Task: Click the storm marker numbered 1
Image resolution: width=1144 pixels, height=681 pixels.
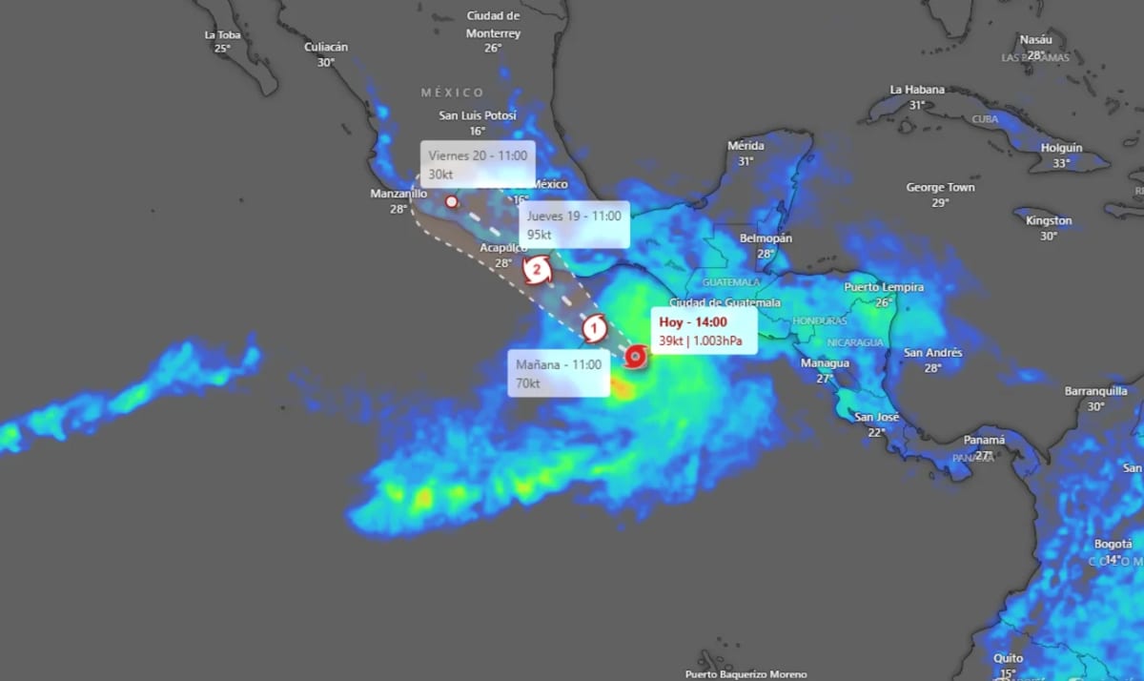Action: (x=595, y=329)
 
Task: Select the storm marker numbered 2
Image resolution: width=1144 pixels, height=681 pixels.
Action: (x=537, y=270)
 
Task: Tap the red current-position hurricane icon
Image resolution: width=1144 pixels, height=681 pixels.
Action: (x=636, y=358)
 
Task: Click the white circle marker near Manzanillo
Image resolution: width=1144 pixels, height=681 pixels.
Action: (x=452, y=201)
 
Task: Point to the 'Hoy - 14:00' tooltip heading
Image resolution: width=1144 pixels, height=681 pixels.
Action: (x=693, y=322)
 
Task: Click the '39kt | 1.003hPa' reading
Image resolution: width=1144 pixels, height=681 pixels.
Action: (x=701, y=340)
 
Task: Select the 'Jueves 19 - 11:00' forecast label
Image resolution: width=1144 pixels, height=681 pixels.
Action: (x=574, y=217)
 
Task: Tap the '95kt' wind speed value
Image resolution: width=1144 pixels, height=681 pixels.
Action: (x=540, y=234)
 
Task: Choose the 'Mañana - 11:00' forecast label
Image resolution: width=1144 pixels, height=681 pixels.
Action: (x=559, y=364)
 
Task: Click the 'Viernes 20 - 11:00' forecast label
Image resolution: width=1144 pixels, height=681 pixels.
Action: (x=478, y=155)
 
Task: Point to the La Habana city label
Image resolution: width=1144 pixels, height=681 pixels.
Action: (x=917, y=90)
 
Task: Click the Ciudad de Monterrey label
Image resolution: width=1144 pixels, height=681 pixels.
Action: (x=493, y=25)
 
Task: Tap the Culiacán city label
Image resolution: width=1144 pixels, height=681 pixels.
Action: (x=326, y=47)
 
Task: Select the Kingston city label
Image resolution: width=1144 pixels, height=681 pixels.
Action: (x=1049, y=221)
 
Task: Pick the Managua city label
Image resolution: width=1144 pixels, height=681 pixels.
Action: (x=825, y=363)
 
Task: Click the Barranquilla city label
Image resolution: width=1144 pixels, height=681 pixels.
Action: (x=1096, y=391)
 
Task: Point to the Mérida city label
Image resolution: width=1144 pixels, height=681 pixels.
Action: (x=746, y=146)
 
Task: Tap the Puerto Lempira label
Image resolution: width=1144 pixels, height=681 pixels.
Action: (x=884, y=287)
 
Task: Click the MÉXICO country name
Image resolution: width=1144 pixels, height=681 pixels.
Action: (x=453, y=93)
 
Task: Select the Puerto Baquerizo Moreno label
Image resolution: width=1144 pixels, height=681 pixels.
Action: (x=746, y=674)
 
